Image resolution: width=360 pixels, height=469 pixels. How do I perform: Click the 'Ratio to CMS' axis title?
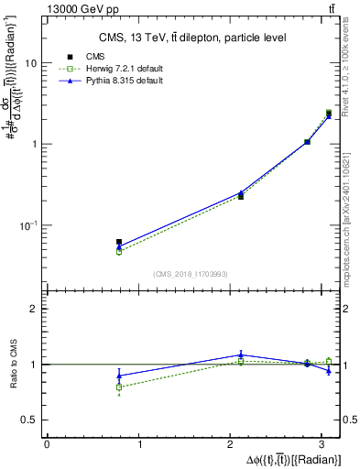[14, 365]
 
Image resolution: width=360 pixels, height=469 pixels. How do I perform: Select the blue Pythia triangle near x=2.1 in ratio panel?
[241, 354]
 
